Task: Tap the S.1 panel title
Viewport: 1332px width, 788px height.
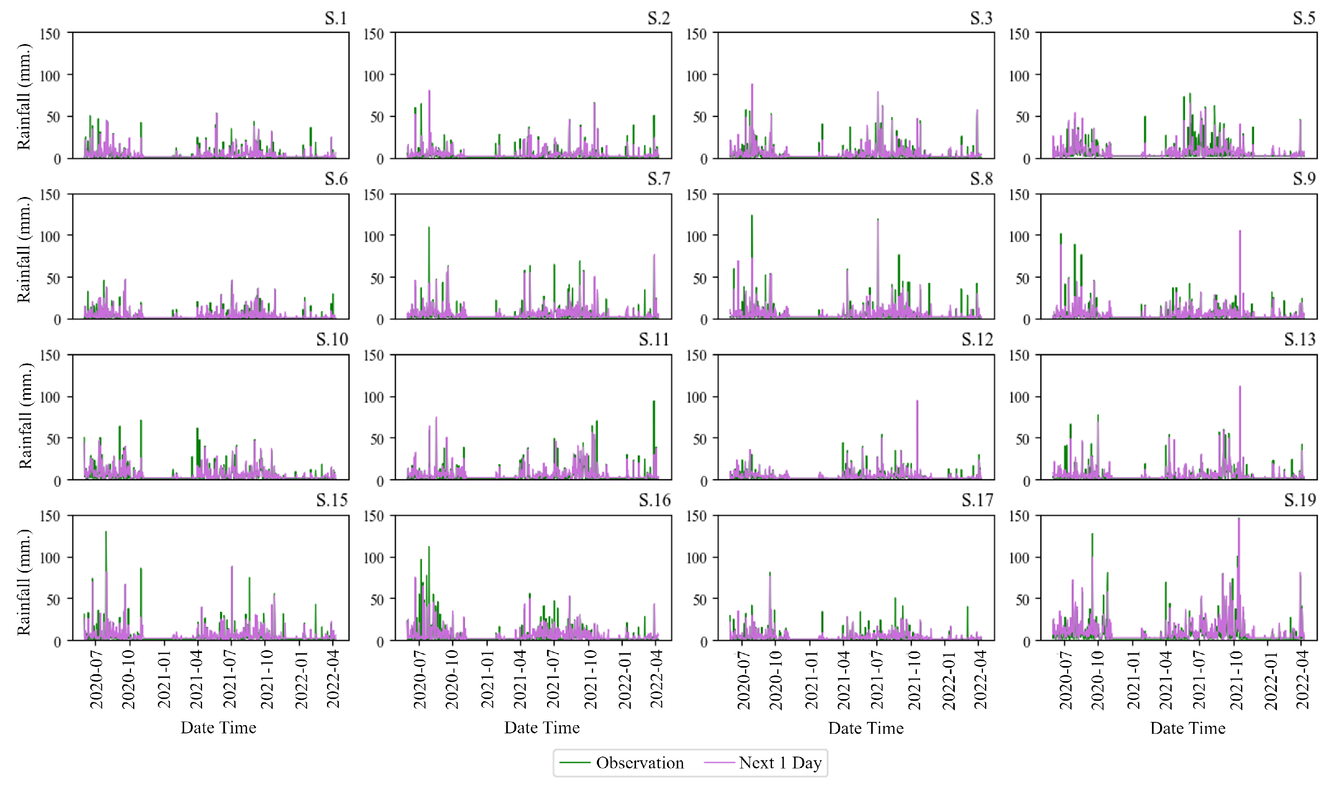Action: (336, 19)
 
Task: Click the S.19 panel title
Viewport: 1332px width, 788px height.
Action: (1300, 500)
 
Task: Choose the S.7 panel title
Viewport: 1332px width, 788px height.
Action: (659, 179)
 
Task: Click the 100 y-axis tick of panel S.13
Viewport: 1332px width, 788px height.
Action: (1018, 397)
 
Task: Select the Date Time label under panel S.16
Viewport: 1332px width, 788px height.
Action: (541, 728)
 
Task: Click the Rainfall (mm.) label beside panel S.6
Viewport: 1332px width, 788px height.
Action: (24, 250)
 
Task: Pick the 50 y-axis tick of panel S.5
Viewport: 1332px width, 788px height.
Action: (1022, 117)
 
